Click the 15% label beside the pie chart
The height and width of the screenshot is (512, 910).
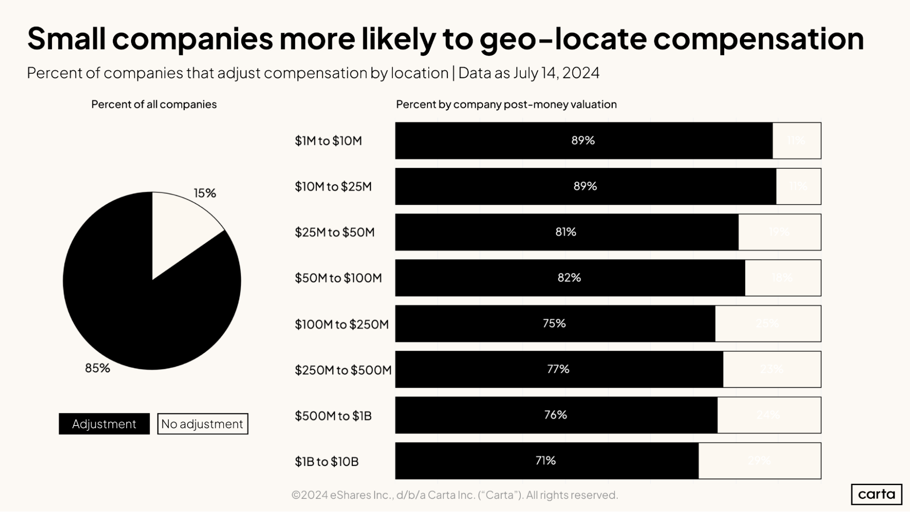205,193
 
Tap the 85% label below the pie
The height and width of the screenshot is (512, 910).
97,368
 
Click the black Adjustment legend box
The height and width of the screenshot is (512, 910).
104,424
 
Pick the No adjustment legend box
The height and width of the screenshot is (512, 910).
203,424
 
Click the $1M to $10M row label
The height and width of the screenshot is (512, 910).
328,141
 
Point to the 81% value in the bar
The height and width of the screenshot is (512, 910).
565,232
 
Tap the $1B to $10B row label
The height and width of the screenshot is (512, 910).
326,461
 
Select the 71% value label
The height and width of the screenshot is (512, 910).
545,461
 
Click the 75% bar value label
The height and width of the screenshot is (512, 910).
554,324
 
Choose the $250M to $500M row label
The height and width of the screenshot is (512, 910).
343,370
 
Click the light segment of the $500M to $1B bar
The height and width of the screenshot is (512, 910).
769,415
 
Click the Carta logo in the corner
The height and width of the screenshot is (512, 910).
876,494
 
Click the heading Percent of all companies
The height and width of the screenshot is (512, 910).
154,104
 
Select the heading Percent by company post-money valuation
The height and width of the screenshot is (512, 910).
506,104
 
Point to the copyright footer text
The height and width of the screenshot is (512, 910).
454,495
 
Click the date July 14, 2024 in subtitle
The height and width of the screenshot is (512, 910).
556,73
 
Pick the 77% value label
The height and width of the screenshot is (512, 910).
558,369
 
